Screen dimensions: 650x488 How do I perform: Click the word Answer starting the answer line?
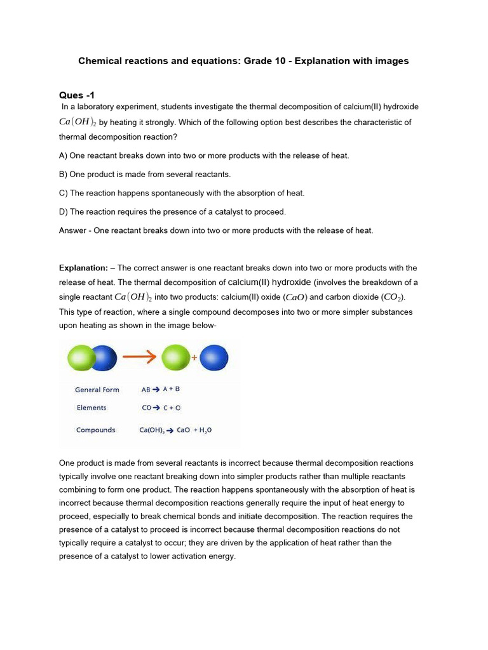[72, 230]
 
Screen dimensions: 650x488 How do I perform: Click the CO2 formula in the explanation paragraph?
[393, 297]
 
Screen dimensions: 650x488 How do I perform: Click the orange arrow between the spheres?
[139, 357]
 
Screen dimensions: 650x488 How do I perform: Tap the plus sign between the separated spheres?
[194, 357]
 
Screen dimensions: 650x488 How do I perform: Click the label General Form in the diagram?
[97, 390]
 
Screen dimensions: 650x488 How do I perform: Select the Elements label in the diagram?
[91, 408]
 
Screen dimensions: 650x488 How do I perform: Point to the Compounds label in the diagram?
[95, 430]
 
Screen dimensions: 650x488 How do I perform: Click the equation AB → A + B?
[161, 390]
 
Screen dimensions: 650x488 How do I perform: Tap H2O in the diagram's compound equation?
[204, 430]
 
